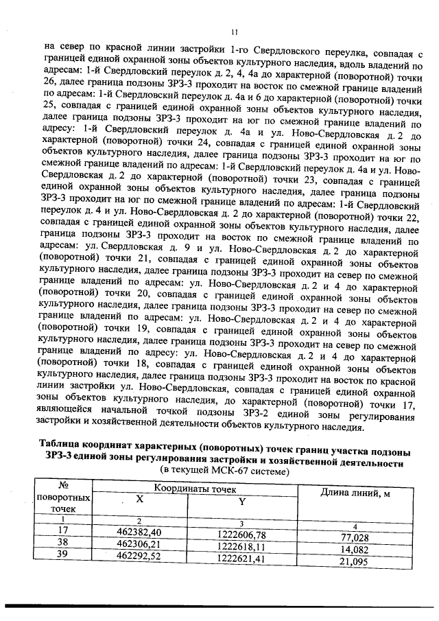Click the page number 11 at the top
point(234,32)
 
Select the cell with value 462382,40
point(139,532)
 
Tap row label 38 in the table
point(64,542)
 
